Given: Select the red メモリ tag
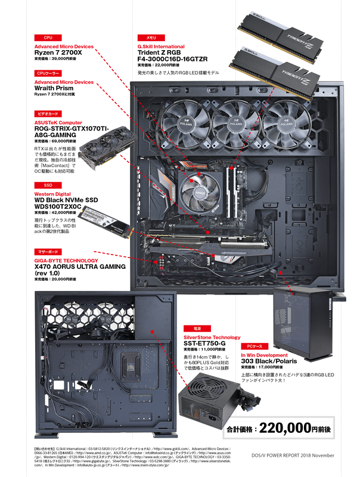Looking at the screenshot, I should pyautogui.click(x=147, y=37).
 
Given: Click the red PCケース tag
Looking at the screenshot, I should pyautogui.click(x=251, y=346).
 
